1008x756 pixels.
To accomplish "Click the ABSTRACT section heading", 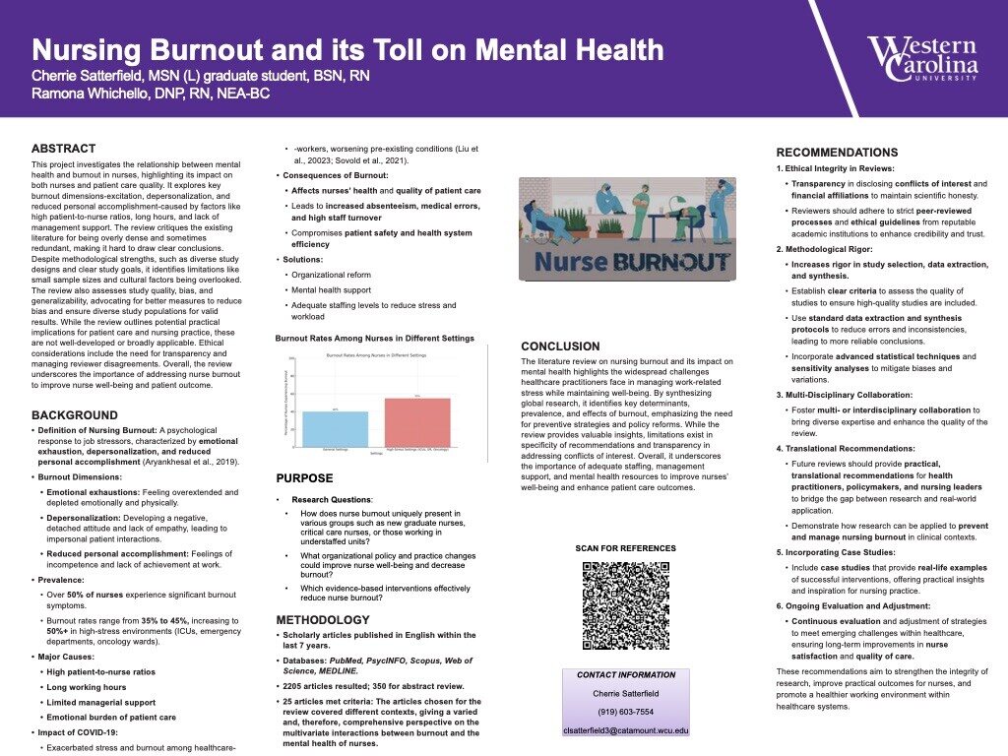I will [x=64, y=149].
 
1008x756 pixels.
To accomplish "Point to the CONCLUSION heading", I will [x=560, y=346].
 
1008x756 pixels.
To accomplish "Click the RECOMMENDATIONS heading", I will [x=837, y=153].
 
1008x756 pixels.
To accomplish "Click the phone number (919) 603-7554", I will [x=625, y=712].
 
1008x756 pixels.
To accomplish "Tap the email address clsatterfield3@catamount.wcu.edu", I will [x=625, y=730].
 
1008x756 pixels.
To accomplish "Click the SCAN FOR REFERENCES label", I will [x=625, y=548].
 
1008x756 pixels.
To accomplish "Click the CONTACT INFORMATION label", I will [x=625, y=675].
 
